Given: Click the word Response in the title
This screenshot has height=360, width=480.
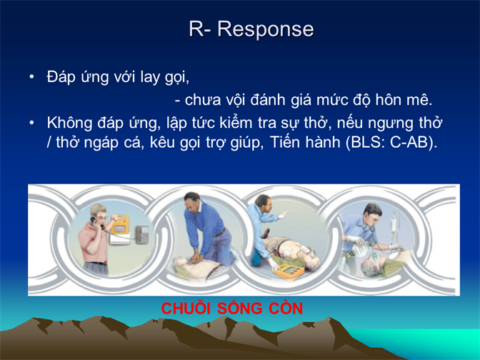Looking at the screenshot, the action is [x=266, y=30].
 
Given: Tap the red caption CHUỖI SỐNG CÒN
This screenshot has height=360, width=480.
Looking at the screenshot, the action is [x=232, y=309].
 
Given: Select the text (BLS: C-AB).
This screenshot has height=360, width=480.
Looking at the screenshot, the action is [x=391, y=142].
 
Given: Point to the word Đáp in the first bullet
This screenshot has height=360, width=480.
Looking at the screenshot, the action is [x=61, y=76].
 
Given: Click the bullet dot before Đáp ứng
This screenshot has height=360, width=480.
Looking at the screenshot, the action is [x=31, y=77].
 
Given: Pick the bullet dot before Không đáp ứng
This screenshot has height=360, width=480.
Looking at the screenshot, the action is [x=31, y=123].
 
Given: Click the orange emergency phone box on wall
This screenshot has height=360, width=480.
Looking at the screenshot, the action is [x=120, y=225].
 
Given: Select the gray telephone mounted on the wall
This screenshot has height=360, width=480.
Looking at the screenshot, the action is [x=142, y=234].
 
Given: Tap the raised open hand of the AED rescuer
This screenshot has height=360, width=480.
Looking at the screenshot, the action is [x=284, y=214].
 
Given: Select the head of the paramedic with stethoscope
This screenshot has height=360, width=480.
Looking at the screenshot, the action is [x=373, y=213].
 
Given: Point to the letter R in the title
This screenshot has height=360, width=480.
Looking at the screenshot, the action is [x=196, y=30].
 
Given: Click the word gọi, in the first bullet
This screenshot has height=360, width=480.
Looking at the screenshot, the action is [x=177, y=78].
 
